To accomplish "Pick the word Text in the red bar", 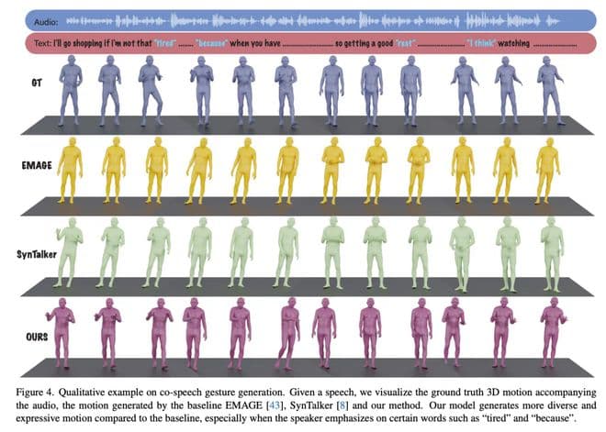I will pos(40,42).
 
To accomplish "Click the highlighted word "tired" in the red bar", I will pos(164,42).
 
